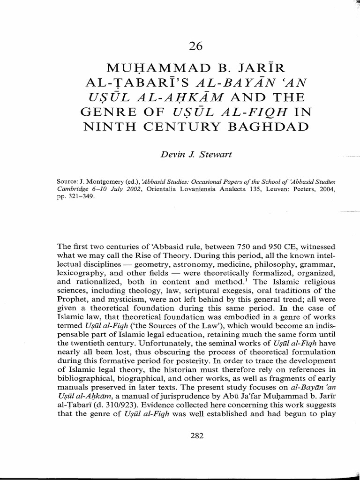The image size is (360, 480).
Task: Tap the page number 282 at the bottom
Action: (x=196, y=436)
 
